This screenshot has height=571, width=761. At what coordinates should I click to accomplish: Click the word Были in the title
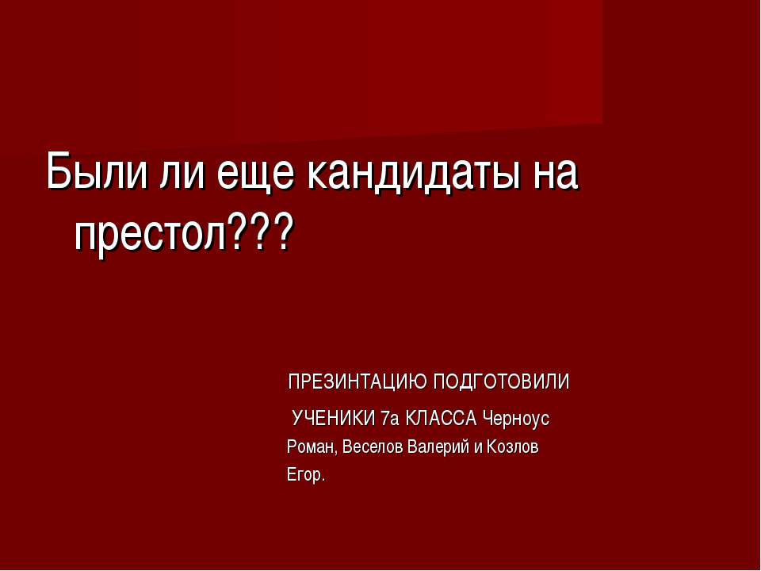click(x=88, y=172)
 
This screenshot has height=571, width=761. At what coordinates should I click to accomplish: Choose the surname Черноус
click(x=516, y=417)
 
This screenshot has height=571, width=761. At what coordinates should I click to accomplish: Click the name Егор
click(x=304, y=476)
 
